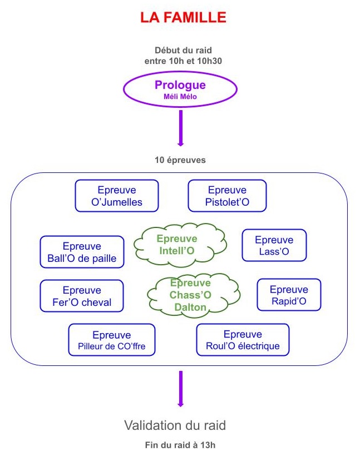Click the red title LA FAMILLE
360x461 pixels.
point(183,18)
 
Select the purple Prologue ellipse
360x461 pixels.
point(180,88)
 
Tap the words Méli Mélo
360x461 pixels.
point(180,96)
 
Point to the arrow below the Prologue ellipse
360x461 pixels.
point(180,128)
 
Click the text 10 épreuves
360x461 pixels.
point(180,160)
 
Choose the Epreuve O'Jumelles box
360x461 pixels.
point(117,196)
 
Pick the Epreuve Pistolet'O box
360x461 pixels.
point(227,196)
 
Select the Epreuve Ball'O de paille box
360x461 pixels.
point(82,252)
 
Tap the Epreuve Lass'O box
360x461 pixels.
point(274,245)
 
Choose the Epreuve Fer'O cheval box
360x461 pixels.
point(82,296)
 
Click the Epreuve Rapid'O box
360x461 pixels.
point(288,295)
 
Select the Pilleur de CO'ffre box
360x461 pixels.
point(111,340)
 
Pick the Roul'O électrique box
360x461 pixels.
point(243,340)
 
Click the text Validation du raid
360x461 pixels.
point(175,426)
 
